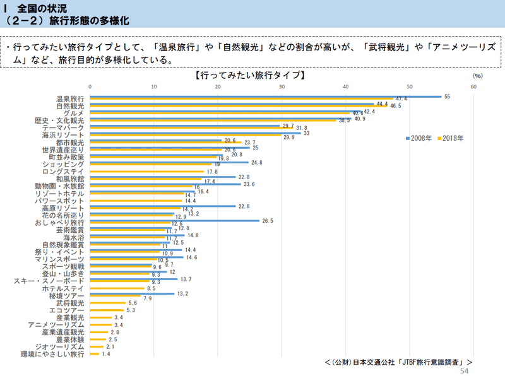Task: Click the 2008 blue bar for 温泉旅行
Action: coord(265,97)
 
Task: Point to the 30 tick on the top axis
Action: coord(282,87)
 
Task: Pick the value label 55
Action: coord(447,97)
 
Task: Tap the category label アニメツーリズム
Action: coord(56,324)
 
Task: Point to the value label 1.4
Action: coord(106,355)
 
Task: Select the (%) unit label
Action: coord(477,76)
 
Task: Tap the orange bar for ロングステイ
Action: coord(147,172)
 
